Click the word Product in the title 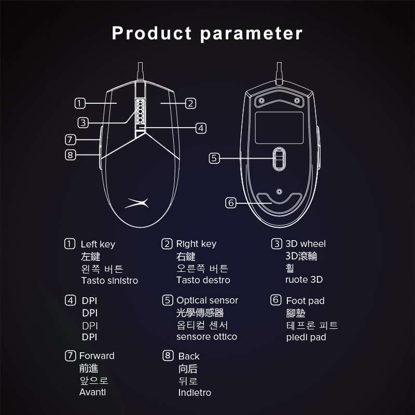(151, 33)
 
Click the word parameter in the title (251, 34)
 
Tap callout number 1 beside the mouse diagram (80, 103)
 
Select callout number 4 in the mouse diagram (201, 128)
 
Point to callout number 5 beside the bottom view (214, 158)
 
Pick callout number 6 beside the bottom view (231, 203)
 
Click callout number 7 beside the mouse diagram (71, 140)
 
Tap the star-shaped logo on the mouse (137, 203)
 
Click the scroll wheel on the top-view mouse (140, 112)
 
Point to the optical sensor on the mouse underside (279, 159)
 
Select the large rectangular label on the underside (279, 128)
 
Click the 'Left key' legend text (98, 244)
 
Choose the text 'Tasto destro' (203, 280)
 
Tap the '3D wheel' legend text (306, 244)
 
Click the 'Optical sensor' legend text (207, 300)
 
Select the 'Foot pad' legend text (305, 301)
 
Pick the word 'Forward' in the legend (97, 356)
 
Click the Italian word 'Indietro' (195, 393)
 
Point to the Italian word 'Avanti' (93, 392)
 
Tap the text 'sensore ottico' (206, 337)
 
